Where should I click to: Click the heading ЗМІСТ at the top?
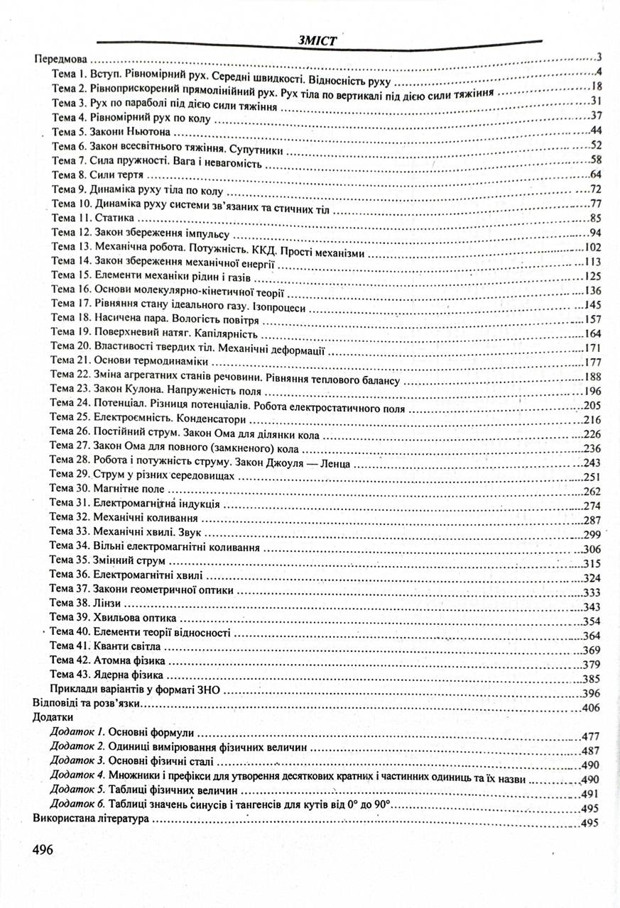click(317, 40)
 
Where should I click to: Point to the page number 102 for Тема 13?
click(592, 248)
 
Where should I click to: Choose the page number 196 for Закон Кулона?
click(592, 392)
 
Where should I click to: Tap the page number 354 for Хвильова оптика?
click(592, 622)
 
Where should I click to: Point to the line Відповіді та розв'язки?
click(87, 707)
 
